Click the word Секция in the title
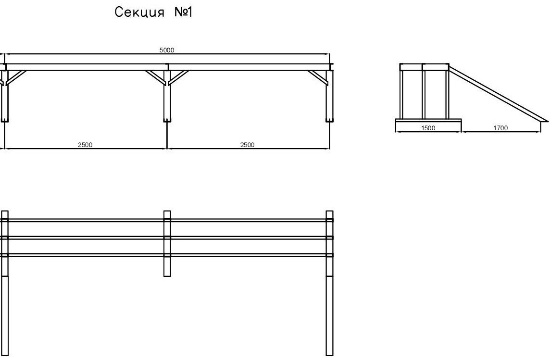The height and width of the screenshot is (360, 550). pos(138,13)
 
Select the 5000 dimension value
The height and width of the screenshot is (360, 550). pos(166,50)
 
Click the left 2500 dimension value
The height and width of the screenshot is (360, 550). pos(85,145)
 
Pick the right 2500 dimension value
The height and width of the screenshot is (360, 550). pos(247,145)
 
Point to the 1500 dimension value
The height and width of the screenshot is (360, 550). pos(428,128)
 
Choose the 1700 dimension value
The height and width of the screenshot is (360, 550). pos(500,128)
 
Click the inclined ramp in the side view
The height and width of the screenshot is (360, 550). pos(498,93)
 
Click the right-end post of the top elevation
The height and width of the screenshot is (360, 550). pos(329,99)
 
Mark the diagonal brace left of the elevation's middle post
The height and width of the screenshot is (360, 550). pos(155,77)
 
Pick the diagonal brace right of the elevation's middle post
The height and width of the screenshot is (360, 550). pos(178,77)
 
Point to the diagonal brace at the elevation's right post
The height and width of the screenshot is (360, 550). pos(317,77)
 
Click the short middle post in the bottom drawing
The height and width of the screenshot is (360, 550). pos(167,267)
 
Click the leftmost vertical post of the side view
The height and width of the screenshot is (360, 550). pos(401,94)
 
